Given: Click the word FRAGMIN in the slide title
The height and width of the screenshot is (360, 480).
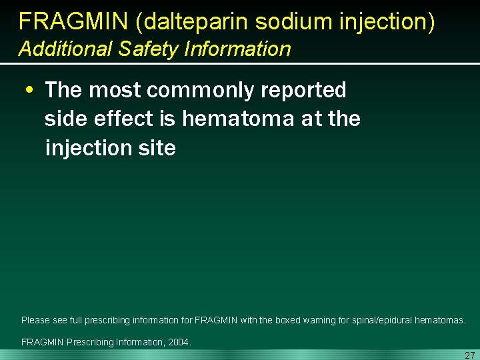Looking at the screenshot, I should [x=73, y=22].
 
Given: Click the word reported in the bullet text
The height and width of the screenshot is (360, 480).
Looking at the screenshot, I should [x=309, y=90].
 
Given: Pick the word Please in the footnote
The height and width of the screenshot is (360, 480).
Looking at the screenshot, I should [x=35, y=321].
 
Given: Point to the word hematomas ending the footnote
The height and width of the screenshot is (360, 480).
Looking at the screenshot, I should [x=439, y=321].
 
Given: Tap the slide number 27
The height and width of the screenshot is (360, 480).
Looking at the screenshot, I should [x=469, y=355].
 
